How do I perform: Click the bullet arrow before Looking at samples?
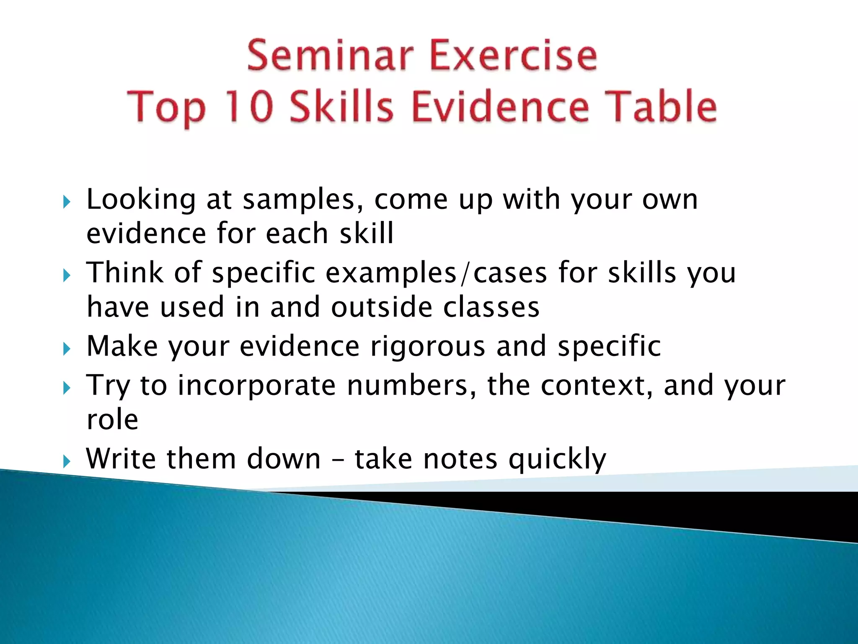pos(67,203)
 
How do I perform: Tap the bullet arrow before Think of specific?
pos(67,276)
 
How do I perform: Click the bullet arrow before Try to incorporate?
pos(67,388)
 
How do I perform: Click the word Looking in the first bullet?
pos(141,200)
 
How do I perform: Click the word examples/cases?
pos(436,273)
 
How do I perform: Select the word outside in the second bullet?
pos(381,307)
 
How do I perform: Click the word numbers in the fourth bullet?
pos(411,385)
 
